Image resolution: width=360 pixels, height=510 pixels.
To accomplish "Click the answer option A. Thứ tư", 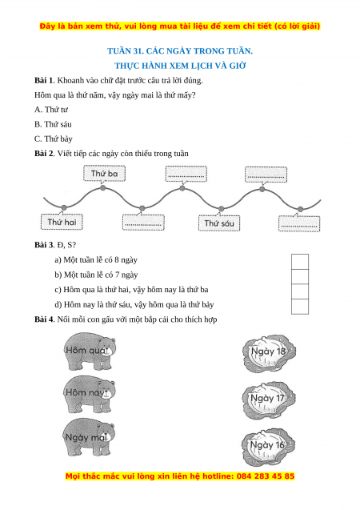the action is click(51, 110).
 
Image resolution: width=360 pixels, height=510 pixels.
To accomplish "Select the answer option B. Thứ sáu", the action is click(53, 124).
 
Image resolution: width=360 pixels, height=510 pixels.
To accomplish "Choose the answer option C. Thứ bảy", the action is click(54, 139).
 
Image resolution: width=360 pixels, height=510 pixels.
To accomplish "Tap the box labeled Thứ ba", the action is click(104, 174).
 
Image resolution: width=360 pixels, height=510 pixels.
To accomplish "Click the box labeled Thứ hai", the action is click(62, 222).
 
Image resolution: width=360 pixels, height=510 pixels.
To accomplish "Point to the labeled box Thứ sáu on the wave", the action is click(219, 223).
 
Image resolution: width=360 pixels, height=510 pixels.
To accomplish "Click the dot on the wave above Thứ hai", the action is click(64, 207).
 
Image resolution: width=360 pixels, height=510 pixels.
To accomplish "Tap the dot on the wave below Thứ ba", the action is click(103, 188).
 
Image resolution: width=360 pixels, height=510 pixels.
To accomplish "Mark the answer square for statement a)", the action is click(300, 262).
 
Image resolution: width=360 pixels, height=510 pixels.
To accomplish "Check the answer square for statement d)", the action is click(300, 307).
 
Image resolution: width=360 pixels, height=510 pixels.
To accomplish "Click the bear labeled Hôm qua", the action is click(89, 351).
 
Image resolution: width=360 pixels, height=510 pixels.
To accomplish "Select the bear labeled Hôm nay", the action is click(89, 394).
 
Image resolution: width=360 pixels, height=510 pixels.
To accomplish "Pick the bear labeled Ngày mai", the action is click(89, 437).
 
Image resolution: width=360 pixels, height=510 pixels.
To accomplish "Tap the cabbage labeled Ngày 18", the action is click(269, 353).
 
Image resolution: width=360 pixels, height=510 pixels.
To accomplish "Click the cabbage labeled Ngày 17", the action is click(269, 400).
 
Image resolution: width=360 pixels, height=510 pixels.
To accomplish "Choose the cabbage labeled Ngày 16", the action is click(268, 447).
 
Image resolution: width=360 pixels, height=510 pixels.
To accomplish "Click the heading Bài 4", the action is click(44, 319).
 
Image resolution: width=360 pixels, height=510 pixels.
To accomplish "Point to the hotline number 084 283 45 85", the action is click(266, 476).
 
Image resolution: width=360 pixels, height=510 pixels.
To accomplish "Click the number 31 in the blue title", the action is click(136, 51).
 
